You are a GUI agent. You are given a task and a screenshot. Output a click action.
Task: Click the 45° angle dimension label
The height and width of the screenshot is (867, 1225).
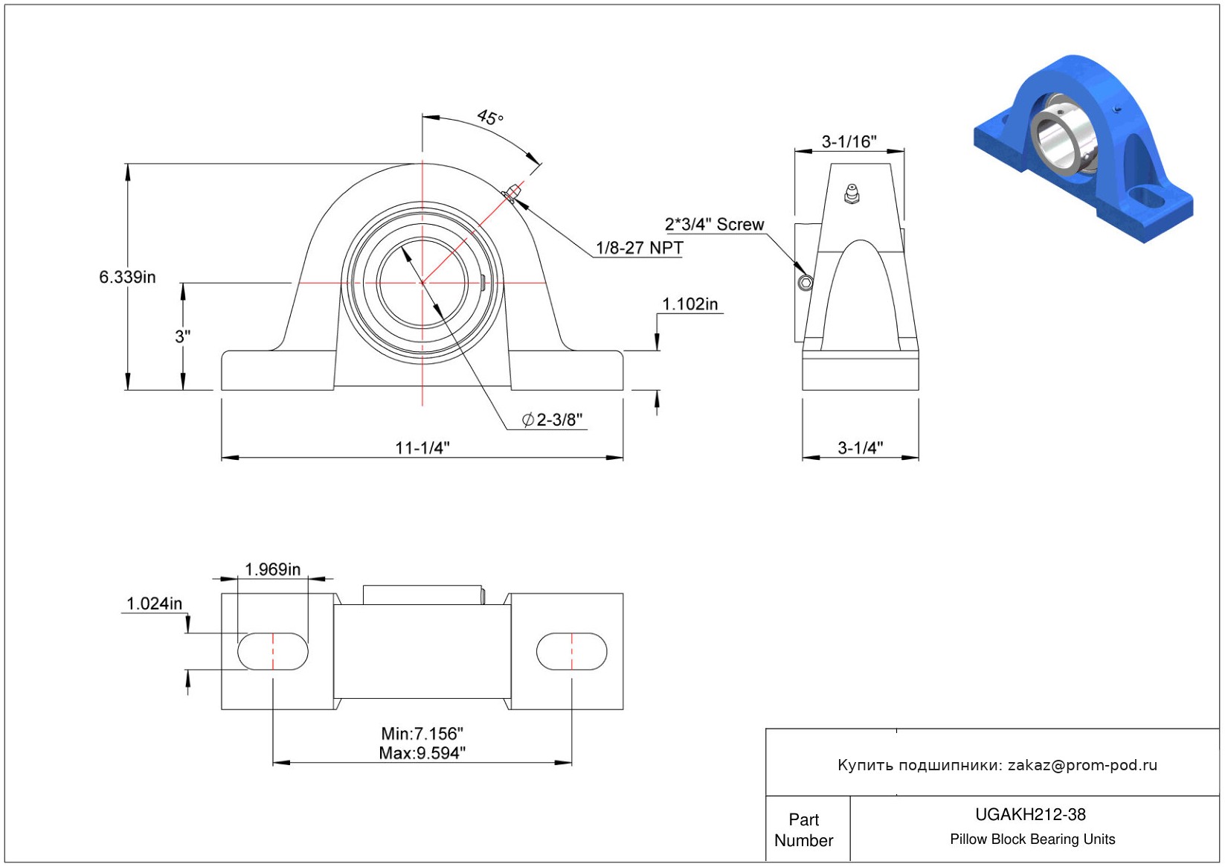click(490, 118)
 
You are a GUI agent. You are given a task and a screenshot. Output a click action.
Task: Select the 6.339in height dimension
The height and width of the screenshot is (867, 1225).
click(127, 277)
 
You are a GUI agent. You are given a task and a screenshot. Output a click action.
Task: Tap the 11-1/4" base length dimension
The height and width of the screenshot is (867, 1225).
click(422, 447)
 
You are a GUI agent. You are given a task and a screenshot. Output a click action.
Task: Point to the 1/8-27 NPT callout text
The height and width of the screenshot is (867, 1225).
click(639, 248)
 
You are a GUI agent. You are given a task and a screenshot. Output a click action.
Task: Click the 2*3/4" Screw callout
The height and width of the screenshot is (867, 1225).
click(714, 224)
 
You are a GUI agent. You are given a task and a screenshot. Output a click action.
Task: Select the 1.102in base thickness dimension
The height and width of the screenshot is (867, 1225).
click(689, 304)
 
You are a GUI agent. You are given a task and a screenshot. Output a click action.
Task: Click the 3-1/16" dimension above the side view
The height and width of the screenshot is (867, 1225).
click(849, 141)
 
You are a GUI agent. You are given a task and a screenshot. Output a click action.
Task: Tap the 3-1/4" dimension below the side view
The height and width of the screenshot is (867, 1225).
click(860, 447)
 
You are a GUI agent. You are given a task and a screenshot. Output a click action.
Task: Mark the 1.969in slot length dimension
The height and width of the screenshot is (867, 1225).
click(272, 569)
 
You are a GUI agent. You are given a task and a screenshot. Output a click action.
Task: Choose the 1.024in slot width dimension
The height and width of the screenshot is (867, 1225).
click(154, 604)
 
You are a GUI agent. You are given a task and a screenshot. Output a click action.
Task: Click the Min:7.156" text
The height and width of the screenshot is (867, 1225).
click(422, 734)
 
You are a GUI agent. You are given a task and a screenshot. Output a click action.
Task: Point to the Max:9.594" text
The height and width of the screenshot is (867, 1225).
click(422, 753)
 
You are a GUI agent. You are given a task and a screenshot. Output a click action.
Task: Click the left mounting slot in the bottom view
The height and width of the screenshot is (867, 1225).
click(272, 652)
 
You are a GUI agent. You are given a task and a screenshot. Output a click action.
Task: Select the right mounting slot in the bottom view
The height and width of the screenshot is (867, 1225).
click(571, 652)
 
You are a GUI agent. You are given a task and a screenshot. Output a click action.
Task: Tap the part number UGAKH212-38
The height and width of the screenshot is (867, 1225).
click(1030, 814)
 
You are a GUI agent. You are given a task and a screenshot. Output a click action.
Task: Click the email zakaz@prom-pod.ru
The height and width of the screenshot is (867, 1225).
click(1082, 765)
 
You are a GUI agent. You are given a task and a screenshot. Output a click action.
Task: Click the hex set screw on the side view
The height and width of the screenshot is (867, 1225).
click(805, 283)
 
